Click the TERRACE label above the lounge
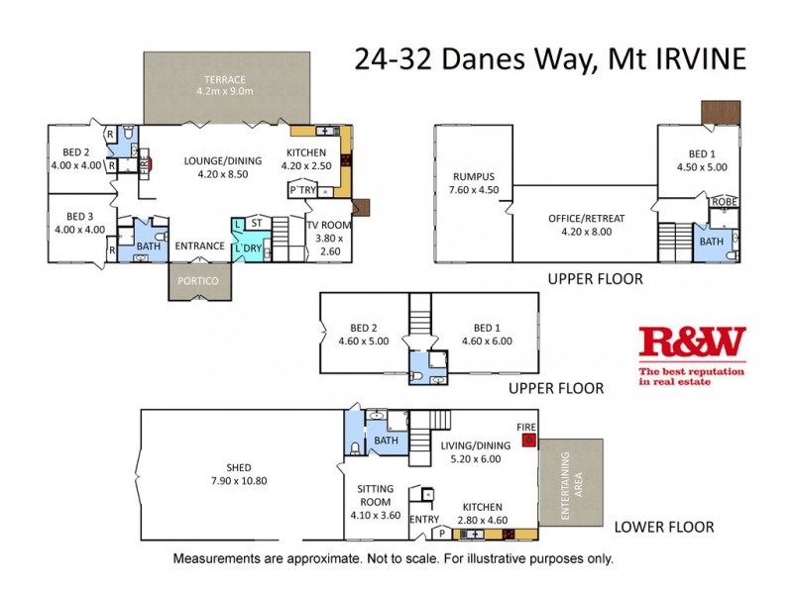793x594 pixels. (x=225, y=80)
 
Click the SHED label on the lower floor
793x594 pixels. (x=238, y=467)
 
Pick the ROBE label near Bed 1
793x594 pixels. (x=723, y=202)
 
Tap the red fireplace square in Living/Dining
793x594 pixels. (x=528, y=440)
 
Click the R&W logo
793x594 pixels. (x=692, y=344)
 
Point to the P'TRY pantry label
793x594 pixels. (x=301, y=189)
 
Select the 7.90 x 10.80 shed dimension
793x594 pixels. (x=238, y=481)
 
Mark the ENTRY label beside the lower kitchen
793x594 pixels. (x=423, y=519)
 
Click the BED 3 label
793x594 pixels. (x=78, y=216)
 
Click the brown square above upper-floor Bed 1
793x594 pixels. (x=721, y=112)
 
